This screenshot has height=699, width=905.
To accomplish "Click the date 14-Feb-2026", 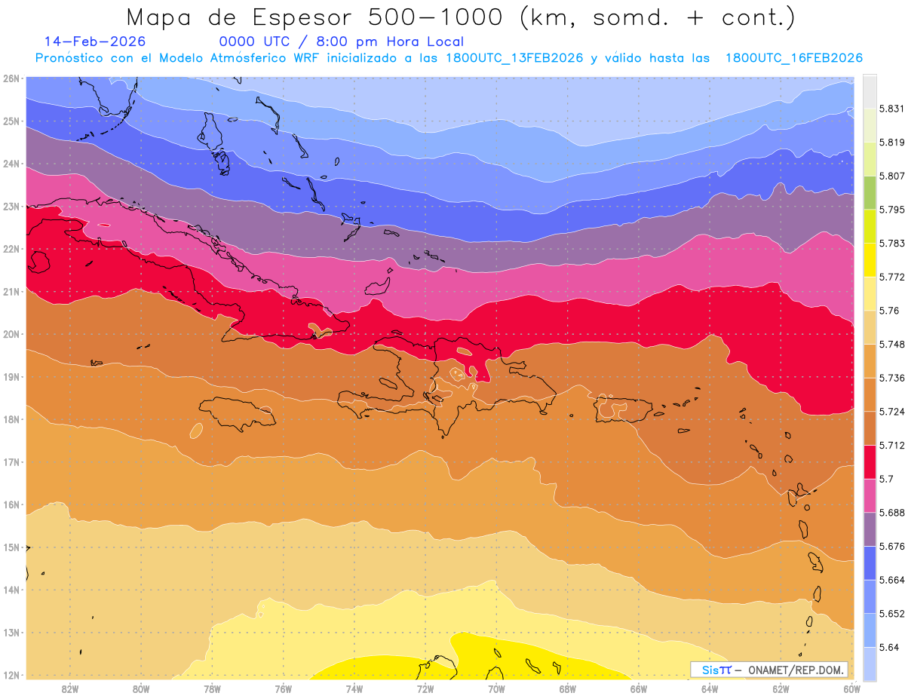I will tap(95, 42).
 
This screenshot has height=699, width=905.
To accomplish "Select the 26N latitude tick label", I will tap(11, 78).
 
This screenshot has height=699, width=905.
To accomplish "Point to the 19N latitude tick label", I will tap(11, 377).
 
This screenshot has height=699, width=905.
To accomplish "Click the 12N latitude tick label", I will tap(11, 675).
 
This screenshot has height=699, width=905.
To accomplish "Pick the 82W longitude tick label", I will tap(70, 688).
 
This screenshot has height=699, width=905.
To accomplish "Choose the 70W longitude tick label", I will tap(496, 688).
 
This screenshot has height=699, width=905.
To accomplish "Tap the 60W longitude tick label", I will tap(851, 688).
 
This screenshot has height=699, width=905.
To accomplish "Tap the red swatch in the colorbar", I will tap(870, 462).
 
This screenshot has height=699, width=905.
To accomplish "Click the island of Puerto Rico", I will tap(623, 409).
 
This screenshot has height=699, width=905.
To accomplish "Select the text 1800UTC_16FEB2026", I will tap(794, 58).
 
